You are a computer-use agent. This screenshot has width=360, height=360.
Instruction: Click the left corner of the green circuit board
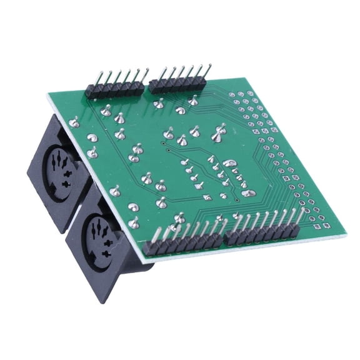click(49, 96)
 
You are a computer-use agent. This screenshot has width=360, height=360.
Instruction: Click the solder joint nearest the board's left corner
click(74, 122)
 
